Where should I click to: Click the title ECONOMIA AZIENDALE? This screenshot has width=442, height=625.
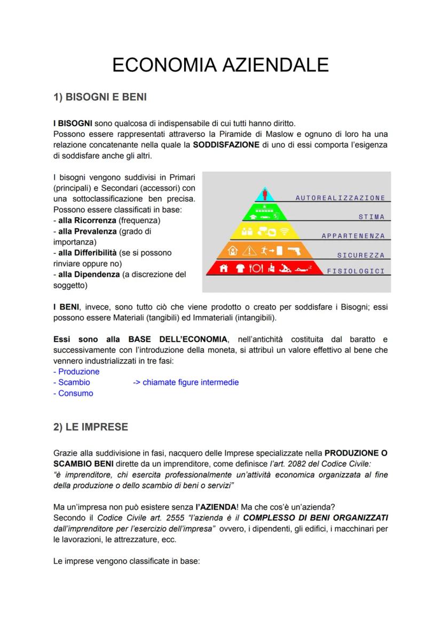click(x=220, y=65)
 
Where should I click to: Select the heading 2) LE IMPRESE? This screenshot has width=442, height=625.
click(x=91, y=427)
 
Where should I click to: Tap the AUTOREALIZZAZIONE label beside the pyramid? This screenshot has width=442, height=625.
click(x=340, y=198)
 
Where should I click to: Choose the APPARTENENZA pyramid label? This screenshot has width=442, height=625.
click(x=353, y=236)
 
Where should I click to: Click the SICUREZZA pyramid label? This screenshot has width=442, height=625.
click(x=361, y=256)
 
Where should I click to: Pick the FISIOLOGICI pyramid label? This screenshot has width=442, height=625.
click(x=356, y=271)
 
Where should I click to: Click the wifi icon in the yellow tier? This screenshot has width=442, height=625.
click(x=284, y=232)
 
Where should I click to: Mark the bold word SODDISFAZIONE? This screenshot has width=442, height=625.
click(x=226, y=145)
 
